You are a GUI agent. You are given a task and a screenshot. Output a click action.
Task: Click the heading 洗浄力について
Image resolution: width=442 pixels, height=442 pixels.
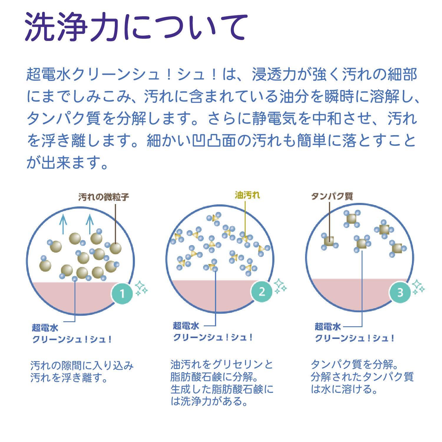coord(135,27)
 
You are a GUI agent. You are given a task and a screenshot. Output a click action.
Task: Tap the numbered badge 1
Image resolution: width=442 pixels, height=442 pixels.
coord(122,294)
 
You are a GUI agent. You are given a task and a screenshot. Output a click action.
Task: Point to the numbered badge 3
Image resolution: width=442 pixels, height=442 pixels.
coord(400,292)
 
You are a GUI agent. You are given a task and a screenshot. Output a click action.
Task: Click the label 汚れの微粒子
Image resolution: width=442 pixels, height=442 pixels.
coord(104,197)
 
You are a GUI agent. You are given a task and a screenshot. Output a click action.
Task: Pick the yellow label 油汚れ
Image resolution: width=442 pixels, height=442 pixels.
coord(247,195)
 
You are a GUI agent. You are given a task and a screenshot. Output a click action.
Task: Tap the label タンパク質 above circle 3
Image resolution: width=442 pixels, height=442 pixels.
coord(332,196)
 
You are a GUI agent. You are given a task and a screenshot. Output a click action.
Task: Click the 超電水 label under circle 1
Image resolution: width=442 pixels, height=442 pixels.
coord(45,327)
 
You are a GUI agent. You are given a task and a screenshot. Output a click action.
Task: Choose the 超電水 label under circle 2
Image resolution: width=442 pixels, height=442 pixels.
coord(186,326)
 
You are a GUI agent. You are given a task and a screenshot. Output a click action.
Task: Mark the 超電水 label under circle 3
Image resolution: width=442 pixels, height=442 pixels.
coord(328,326)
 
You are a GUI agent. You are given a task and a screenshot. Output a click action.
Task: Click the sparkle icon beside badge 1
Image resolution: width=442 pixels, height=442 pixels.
coord(141,288)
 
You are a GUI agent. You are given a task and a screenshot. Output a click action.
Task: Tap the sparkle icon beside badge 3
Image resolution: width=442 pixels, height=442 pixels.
coord(418,287)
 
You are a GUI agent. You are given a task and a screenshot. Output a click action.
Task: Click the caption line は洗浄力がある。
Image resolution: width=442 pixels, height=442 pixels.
coord(209,401)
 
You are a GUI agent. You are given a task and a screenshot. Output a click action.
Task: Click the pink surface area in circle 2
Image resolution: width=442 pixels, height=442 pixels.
coord(206,294)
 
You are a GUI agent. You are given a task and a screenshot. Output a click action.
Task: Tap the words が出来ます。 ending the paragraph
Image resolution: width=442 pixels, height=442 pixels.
coord(67,162)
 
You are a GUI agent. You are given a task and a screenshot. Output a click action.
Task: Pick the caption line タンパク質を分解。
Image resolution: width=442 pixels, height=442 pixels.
coord(355,365)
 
